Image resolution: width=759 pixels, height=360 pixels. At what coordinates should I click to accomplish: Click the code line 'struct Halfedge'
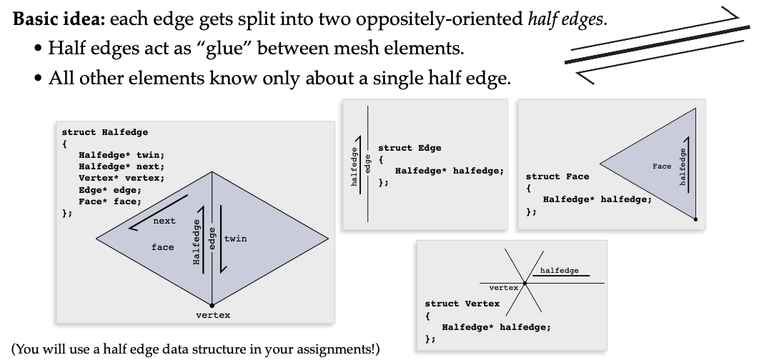[104, 132]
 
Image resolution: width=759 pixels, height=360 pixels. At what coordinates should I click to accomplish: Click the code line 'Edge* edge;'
[110, 189]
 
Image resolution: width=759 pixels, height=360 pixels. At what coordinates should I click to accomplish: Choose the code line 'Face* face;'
[110, 201]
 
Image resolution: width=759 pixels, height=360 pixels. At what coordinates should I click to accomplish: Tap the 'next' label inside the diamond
[164, 221]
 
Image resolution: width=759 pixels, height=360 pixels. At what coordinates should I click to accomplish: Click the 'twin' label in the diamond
[235, 238]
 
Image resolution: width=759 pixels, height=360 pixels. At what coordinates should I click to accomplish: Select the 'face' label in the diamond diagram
[162, 247]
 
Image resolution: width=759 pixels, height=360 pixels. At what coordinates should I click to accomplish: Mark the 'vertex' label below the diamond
[213, 315]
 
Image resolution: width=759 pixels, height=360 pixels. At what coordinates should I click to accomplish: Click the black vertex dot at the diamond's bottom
[212, 304]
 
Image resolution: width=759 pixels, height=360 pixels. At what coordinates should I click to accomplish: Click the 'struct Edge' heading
[410, 148]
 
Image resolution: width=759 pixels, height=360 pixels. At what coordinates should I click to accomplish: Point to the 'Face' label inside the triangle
[662, 166]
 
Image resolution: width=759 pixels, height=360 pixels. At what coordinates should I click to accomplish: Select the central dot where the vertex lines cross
[525, 284]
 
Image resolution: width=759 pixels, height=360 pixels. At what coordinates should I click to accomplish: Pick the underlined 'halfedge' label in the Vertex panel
[560, 270]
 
